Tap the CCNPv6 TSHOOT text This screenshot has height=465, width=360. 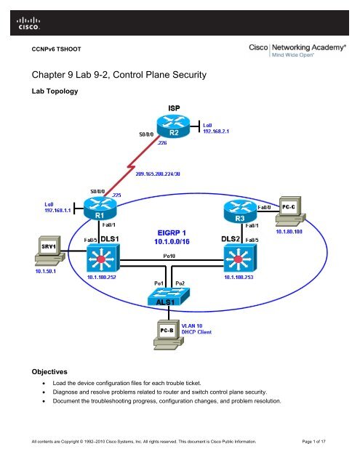click(x=56, y=52)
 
